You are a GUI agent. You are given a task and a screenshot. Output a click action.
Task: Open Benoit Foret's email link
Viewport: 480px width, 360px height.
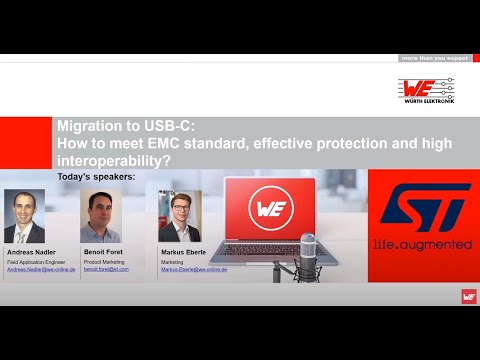pos(106,270)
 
